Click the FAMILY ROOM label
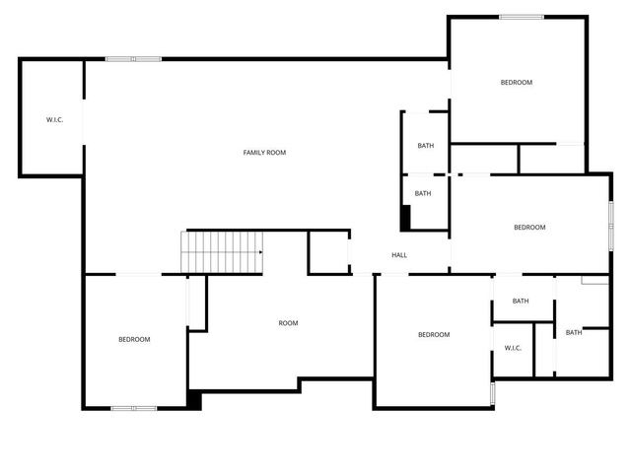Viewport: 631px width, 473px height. (x=264, y=153)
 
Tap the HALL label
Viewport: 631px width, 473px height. (x=399, y=255)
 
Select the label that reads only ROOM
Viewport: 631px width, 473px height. (x=288, y=323)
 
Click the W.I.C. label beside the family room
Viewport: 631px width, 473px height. (x=54, y=120)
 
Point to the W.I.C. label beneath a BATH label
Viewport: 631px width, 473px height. (x=513, y=348)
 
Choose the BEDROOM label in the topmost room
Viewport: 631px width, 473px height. (x=516, y=83)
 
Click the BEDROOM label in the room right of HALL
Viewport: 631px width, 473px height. (x=529, y=228)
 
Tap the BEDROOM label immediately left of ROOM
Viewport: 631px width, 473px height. (x=134, y=340)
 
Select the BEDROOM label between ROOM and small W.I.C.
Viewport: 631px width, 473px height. (x=434, y=335)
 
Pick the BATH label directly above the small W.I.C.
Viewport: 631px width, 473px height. (x=521, y=302)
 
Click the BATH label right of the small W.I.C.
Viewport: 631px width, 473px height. (x=574, y=333)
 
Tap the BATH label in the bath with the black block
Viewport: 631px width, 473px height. (x=423, y=194)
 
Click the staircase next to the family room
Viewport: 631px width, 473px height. (x=222, y=252)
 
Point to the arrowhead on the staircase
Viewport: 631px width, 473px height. (x=260, y=252)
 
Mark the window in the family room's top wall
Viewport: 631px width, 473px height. (x=134, y=59)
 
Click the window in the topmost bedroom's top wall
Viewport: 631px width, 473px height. (x=522, y=17)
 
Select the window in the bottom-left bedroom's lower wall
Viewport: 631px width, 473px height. (x=133, y=407)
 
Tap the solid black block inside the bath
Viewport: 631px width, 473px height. (x=405, y=218)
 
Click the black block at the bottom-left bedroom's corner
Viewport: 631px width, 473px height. (x=195, y=400)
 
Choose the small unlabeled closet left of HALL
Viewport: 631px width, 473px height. (x=328, y=252)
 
